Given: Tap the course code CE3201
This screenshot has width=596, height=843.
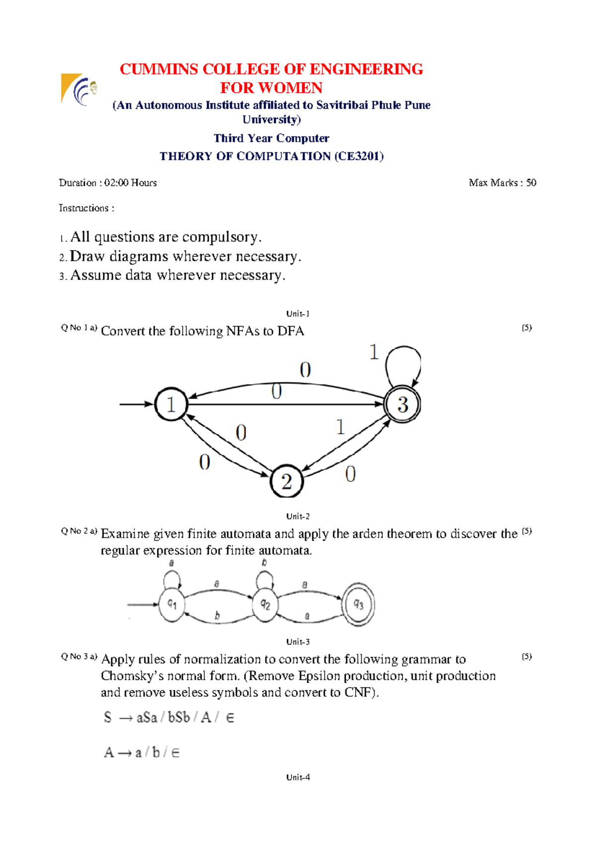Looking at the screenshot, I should [x=359, y=156].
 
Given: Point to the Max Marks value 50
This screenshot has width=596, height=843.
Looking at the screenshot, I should [x=531, y=182].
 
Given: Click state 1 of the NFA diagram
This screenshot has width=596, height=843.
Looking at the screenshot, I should [x=171, y=404].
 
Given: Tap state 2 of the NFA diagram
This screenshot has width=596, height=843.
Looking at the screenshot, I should [x=287, y=481].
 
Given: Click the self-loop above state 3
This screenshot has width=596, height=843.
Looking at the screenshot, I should [x=403, y=360].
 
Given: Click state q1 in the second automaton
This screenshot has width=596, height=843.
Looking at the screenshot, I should [x=172, y=604].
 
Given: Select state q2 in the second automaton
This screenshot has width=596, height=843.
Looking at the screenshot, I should [x=265, y=604].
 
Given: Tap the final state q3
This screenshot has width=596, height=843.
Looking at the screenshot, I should [x=358, y=604].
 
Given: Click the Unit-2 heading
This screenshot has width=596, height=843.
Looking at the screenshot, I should [x=298, y=516].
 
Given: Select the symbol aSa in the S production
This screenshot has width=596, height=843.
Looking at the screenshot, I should [x=147, y=717].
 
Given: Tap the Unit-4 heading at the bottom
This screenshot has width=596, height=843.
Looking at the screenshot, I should [x=298, y=777].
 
